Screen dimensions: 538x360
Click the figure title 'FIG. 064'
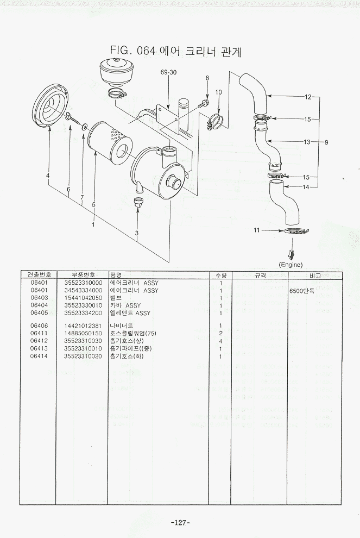(133, 51)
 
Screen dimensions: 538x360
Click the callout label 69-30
(168, 72)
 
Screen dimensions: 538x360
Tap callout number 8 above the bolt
(207, 79)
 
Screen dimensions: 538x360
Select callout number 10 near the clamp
(218, 92)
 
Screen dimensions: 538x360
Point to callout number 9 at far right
(326, 142)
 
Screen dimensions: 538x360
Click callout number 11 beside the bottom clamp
(257, 230)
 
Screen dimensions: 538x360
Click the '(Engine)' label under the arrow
(290, 265)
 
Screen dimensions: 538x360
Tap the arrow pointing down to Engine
(291, 254)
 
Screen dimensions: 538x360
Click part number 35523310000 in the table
(83, 283)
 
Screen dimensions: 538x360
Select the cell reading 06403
(39, 298)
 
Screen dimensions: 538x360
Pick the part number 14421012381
(83, 326)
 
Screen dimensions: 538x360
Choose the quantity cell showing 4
(221, 341)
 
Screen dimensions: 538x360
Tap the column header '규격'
(260, 275)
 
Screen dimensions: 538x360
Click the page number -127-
(180, 522)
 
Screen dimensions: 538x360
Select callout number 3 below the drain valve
(137, 233)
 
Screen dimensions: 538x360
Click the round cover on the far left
(50, 105)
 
